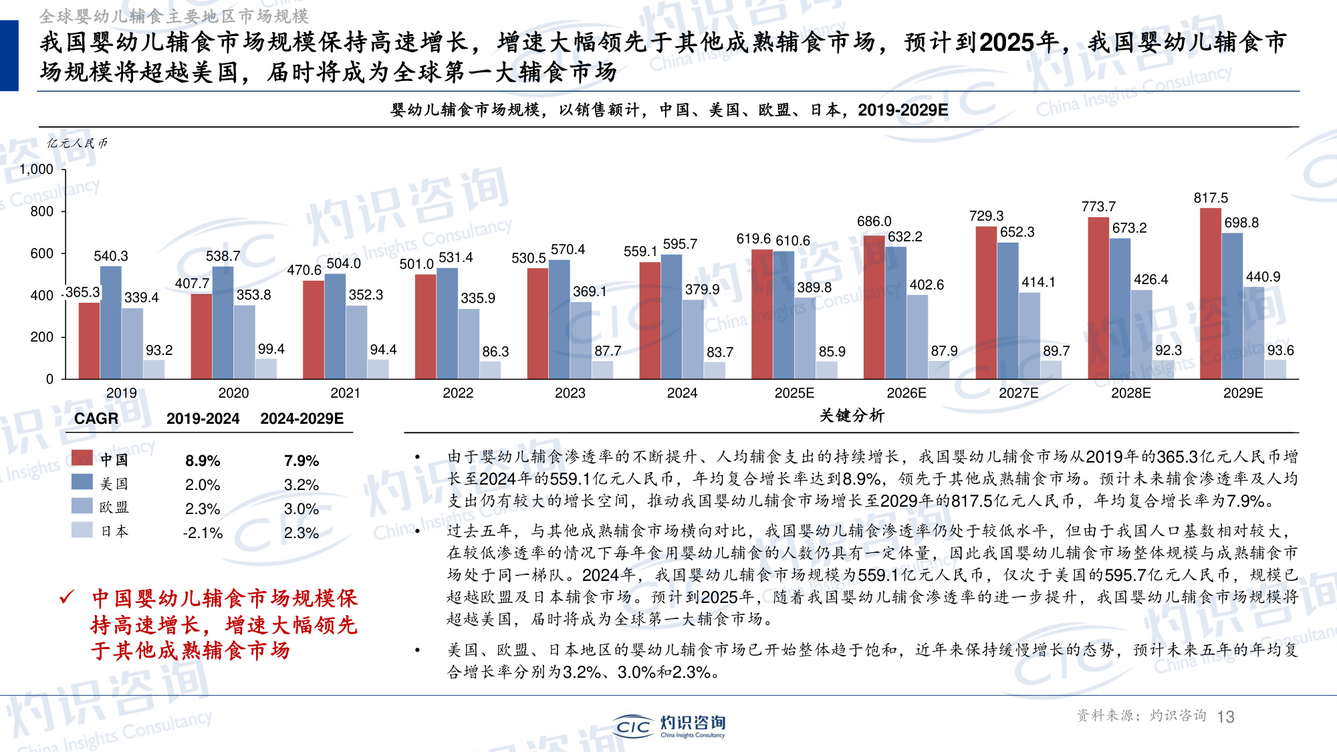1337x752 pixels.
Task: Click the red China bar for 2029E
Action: tap(1211, 294)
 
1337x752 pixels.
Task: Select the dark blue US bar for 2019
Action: tap(111, 323)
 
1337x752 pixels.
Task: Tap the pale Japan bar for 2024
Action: tap(715, 370)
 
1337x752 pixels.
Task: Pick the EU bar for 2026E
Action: tap(917, 337)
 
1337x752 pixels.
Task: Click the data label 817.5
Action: tap(1211, 198)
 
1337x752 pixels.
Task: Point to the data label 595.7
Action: tap(680, 244)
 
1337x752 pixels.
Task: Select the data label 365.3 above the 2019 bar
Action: tap(82, 292)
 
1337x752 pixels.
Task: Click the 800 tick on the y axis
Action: tap(41, 211)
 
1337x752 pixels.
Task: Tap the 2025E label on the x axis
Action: tap(794, 393)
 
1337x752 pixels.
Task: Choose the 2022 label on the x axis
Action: tap(458, 393)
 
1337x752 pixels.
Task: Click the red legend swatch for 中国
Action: tap(82, 458)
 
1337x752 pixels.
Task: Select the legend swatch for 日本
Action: tap(82, 530)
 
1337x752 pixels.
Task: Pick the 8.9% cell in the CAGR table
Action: tap(203, 461)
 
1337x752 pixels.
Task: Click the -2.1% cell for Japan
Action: tap(203, 533)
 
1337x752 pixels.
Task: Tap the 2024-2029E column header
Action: tap(301, 418)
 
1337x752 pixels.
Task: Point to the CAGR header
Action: tap(96, 418)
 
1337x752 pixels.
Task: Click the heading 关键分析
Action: tap(852, 416)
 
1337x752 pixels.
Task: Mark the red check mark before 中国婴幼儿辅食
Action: tap(67, 597)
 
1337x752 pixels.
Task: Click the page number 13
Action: tap(1225, 717)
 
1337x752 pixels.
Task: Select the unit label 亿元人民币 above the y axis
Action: tap(77, 143)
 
